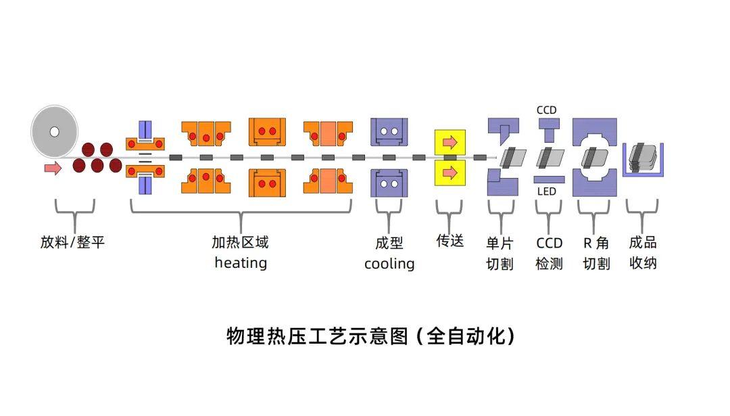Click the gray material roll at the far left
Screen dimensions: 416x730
[55, 131]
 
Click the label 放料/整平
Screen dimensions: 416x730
[72, 242]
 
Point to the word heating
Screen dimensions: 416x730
[241, 262]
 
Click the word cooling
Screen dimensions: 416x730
[389, 264]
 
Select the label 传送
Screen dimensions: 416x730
[449, 241]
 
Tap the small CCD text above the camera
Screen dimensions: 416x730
[546, 110]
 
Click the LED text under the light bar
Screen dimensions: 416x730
[546, 191]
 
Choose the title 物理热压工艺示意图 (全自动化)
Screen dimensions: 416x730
[370, 336]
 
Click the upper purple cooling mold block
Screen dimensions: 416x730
[389, 131]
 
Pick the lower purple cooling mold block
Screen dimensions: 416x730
[389, 183]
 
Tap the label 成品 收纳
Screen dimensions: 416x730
[642, 252]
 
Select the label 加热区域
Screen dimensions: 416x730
[240, 242]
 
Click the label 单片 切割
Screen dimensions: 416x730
[500, 253]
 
